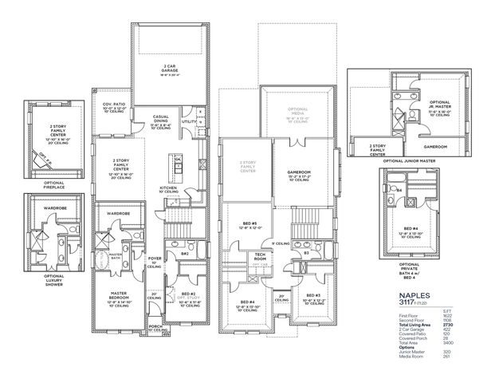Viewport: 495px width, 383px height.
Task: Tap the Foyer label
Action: tap(154, 259)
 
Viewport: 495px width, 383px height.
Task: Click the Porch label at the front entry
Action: tap(155, 326)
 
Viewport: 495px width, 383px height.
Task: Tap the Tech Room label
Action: tap(260, 258)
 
